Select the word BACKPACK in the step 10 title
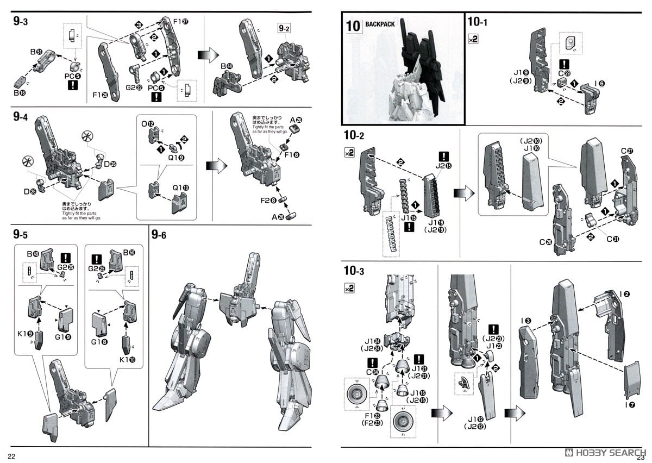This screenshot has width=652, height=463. (381, 24)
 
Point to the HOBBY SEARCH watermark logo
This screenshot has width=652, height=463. (606, 452)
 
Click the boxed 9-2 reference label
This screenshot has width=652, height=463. (284, 28)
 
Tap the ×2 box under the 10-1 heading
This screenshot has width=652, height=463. (473, 39)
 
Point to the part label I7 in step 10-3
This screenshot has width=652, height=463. (629, 404)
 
